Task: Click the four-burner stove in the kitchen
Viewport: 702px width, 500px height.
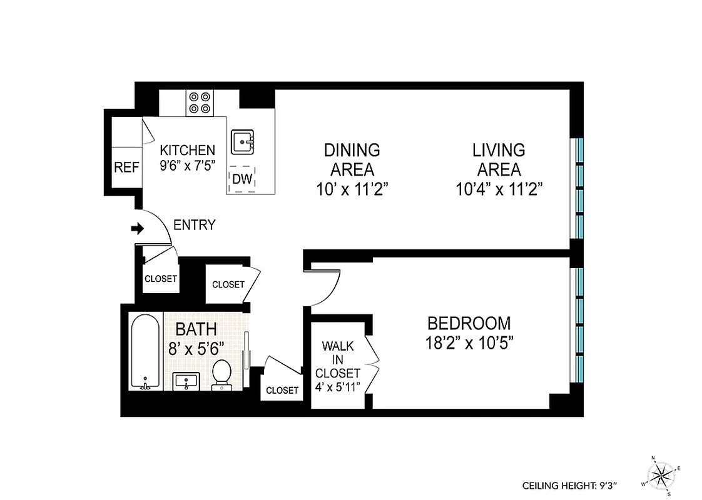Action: [x=200, y=102]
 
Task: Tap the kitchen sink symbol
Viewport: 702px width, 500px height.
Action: [x=242, y=142]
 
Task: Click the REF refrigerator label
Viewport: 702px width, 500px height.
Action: [x=126, y=168]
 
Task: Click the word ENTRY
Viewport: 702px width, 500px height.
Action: [x=194, y=225]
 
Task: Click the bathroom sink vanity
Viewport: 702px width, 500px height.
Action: [x=185, y=380]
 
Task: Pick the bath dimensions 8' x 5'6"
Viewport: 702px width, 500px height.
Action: [x=196, y=348]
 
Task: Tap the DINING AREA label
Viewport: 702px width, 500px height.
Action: [x=352, y=159]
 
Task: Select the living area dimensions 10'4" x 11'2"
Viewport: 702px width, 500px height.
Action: [x=498, y=188]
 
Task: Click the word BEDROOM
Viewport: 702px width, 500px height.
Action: [x=469, y=323]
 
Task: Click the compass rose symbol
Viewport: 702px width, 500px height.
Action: [x=663, y=476]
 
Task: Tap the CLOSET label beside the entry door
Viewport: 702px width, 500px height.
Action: [x=161, y=279]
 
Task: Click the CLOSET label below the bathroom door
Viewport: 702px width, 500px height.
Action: [x=282, y=390]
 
